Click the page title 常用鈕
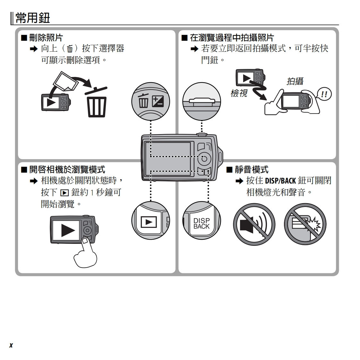[x=33, y=18]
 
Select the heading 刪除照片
[x=46, y=38]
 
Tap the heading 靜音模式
[x=251, y=169]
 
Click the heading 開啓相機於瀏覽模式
[x=67, y=169]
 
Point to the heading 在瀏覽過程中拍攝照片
[x=232, y=38]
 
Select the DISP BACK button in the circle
[x=201, y=223]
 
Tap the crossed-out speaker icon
[x=254, y=224]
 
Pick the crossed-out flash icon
[x=305, y=224]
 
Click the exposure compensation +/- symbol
[x=158, y=102]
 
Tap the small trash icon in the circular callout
[x=143, y=101]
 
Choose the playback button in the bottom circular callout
[x=149, y=222]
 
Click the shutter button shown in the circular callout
[x=202, y=101]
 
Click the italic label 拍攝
[x=295, y=81]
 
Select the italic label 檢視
[x=239, y=93]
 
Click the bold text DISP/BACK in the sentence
[x=280, y=181]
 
